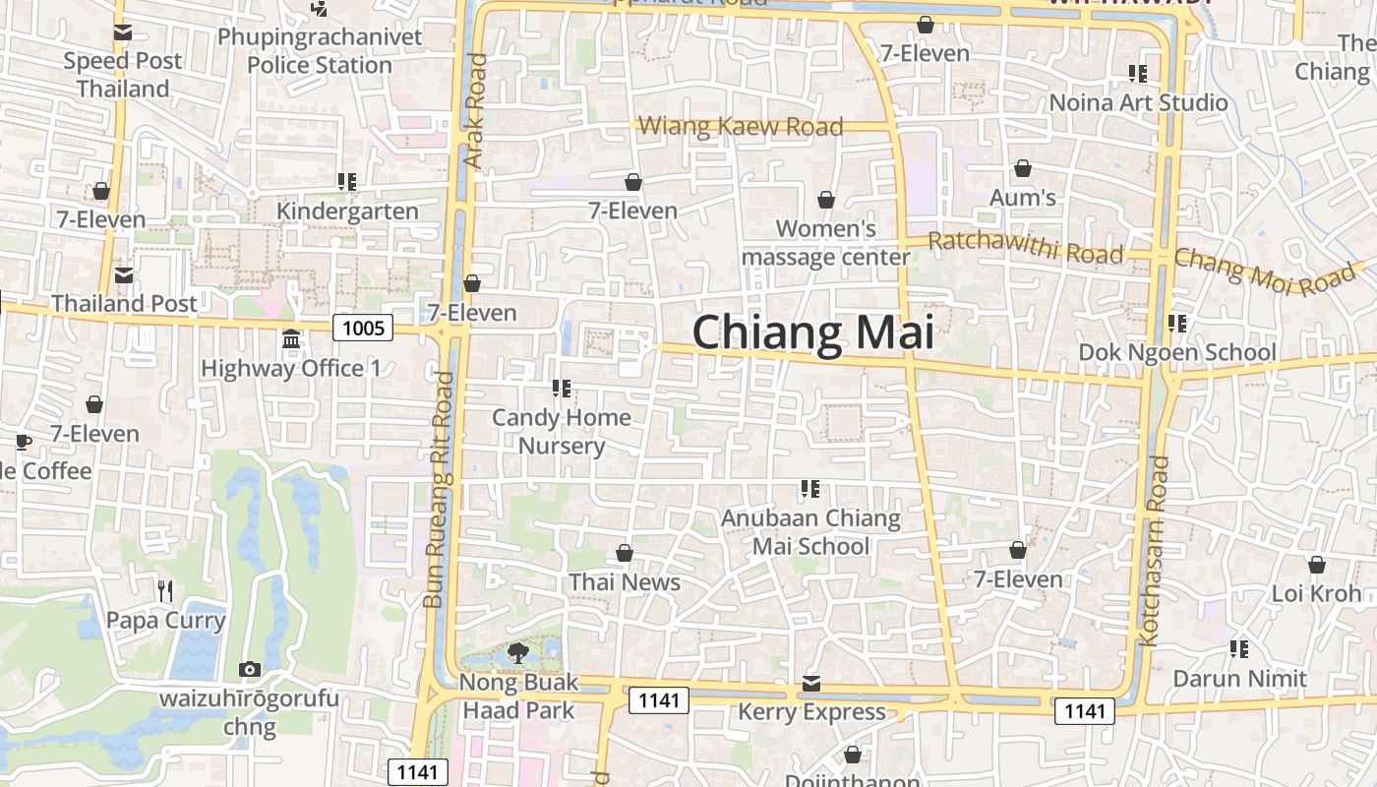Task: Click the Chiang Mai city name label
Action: (812, 332)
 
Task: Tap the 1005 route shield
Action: (363, 328)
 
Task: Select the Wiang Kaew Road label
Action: (741, 126)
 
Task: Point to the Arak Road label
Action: (475, 111)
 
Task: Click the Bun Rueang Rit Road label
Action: (439, 489)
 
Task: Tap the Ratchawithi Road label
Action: (1025, 247)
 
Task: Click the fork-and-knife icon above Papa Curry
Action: (165, 590)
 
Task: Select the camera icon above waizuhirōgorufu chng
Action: (250, 670)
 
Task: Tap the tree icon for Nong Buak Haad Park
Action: (518, 652)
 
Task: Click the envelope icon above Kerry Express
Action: (811, 683)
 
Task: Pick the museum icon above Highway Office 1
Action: (291, 339)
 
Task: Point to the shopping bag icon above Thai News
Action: (625, 553)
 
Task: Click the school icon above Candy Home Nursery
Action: (562, 389)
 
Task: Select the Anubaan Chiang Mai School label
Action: (811, 531)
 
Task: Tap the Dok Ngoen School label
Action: (1177, 352)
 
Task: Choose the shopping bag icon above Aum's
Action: (1023, 169)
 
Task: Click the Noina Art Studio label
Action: (1139, 102)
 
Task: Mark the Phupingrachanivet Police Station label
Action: (320, 51)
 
